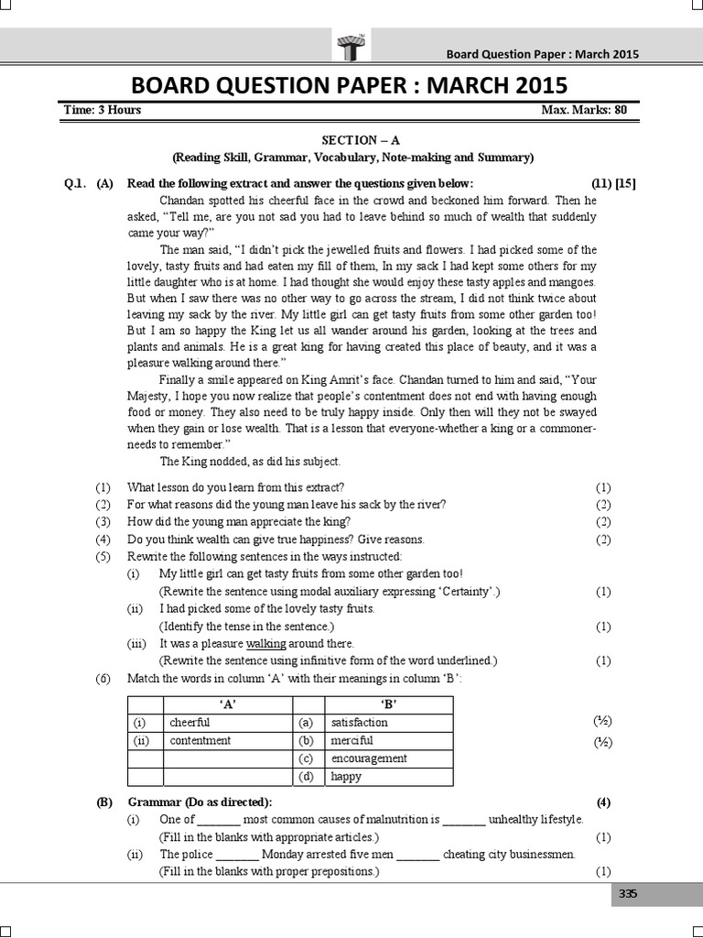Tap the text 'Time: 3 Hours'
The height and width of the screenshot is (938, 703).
point(103,111)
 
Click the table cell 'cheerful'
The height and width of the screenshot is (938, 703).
point(190,722)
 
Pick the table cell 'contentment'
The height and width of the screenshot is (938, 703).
point(200,740)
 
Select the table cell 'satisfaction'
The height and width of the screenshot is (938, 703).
point(359,722)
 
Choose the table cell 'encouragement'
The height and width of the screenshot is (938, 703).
point(369,758)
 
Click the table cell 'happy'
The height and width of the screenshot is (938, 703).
point(346,777)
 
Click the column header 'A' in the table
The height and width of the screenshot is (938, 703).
point(226,703)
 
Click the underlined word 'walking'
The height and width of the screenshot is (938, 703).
point(266,644)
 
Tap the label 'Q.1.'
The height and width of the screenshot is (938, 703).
point(74,182)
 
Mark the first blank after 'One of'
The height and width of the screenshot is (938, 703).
point(219,821)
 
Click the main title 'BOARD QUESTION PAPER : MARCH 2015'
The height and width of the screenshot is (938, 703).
point(351,85)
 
